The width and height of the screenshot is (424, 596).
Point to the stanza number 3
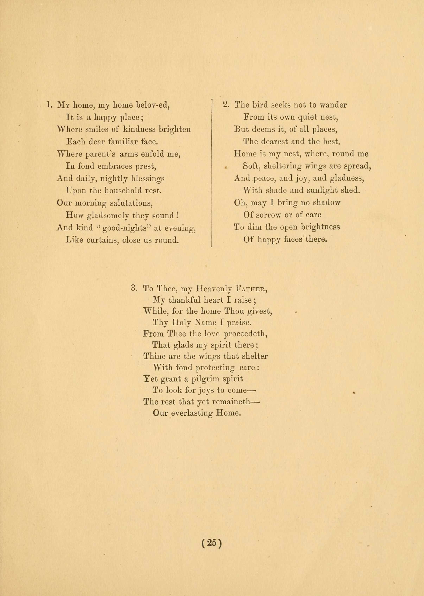[x=134, y=288]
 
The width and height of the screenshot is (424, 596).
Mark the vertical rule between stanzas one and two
[x=211, y=172]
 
